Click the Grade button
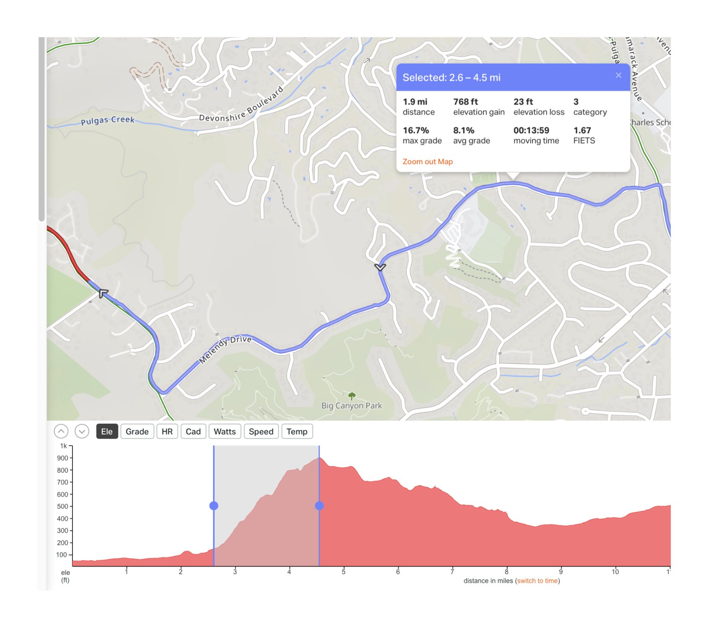pyautogui.click(x=137, y=432)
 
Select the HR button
pyautogui.click(x=167, y=432)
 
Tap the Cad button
pyautogui.click(x=193, y=432)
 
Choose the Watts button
pyautogui.click(x=225, y=432)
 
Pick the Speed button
pyautogui.click(x=261, y=432)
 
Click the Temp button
pyautogui.click(x=297, y=432)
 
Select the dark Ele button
pyautogui.click(x=106, y=432)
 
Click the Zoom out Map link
pyautogui.click(x=427, y=162)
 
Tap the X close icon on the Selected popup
pyautogui.click(x=618, y=75)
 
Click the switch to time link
pyautogui.click(x=537, y=581)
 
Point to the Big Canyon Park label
pyautogui.click(x=351, y=406)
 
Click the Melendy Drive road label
pyautogui.click(x=225, y=349)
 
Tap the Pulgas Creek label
pyautogui.click(x=108, y=121)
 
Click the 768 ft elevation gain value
pyautogui.click(x=465, y=102)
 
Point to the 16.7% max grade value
pyautogui.click(x=416, y=131)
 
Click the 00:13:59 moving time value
pyautogui.click(x=531, y=131)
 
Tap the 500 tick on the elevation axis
pyautogui.click(x=62, y=506)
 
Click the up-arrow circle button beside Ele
pyautogui.click(x=61, y=431)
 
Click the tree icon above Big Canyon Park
pyautogui.click(x=352, y=396)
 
